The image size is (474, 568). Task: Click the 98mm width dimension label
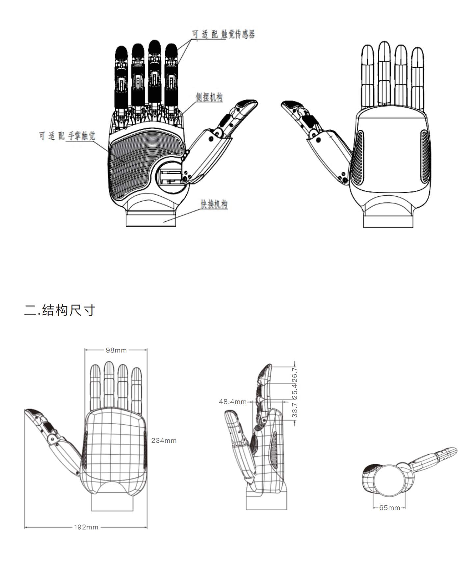pyautogui.click(x=116, y=350)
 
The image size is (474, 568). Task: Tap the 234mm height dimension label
pyautogui.click(x=164, y=440)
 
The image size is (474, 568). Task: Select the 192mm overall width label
pyautogui.click(x=86, y=527)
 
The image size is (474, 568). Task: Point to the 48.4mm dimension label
pyautogui.click(x=233, y=402)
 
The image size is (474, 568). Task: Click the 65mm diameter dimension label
pyautogui.click(x=389, y=508)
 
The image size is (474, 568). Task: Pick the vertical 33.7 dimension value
pyautogui.click(x=295, y=410)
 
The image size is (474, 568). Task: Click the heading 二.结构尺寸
pyautogui.click(x=60, y=310)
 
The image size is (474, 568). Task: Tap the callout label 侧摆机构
pyautogui.click(x=209, y=97)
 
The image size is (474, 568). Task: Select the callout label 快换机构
pyautogui.click(x=214, y=204)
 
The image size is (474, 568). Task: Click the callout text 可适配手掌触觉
pyautogui.click(x=67, y=136)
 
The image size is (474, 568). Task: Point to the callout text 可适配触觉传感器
pyautogui.click(x=223, y=34)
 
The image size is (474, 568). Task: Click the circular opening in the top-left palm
pyautogui.click(x=170, y=177)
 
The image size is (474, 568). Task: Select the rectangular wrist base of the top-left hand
pyautogui.click(x=151, y=219)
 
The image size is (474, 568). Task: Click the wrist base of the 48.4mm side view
pyautogui.click(x=266, y=501)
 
